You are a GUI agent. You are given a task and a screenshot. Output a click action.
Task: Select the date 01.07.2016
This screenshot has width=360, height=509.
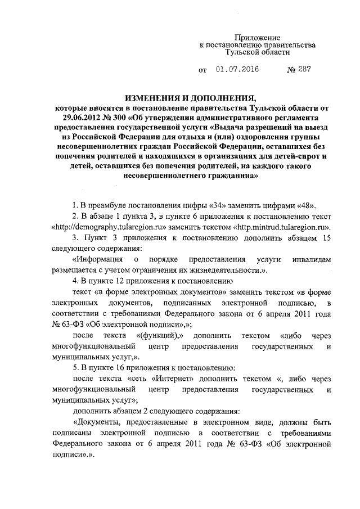[236, 71]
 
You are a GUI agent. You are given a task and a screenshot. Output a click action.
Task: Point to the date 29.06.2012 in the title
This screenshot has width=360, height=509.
[84, 117]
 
